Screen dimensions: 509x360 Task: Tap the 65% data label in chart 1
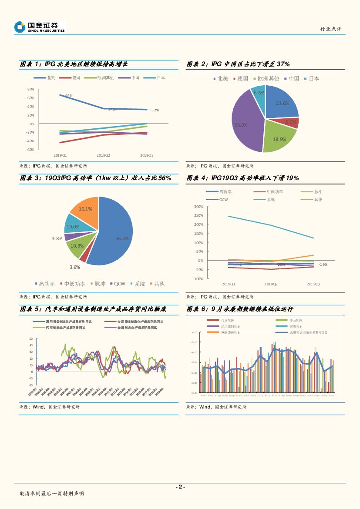coord(69,95)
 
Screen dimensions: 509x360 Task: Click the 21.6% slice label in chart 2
coord(283,103)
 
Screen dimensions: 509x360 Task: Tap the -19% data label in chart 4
coord(323,265)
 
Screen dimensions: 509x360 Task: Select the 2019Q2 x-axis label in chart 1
coord(103,155)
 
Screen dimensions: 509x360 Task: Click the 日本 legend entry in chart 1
coord(160,78)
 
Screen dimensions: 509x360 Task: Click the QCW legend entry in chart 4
coord(224,200)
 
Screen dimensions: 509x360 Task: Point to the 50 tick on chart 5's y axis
coord(30,338)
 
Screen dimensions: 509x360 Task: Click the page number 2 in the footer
coord(180,487)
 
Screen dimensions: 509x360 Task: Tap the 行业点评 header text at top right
coord(331,29)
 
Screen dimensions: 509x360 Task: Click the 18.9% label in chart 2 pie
coord(279,139)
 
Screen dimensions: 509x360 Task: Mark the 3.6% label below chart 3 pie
coord(74,267)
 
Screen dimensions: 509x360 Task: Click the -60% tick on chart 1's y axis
coord(30,150)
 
